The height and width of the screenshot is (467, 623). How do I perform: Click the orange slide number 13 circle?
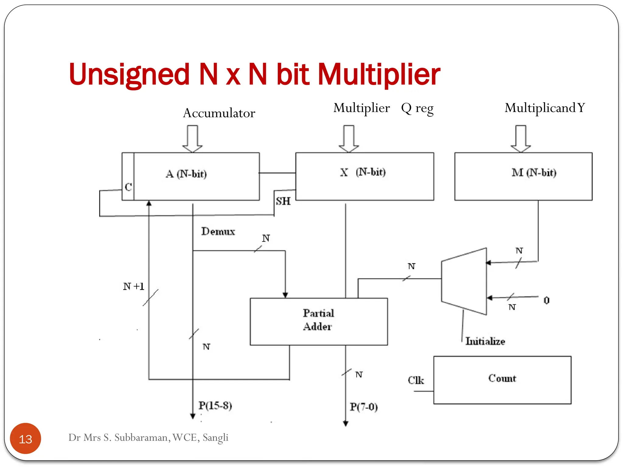[26, 438]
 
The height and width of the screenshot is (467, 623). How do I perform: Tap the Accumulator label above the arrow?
[219, 113]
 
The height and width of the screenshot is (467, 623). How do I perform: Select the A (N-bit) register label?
[186, 174]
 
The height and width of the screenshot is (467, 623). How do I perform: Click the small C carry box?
[128, 186]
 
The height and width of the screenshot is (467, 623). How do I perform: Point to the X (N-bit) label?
[363, 172]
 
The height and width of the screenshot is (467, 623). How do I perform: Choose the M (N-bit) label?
[534, 173]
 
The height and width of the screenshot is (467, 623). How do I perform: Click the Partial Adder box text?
[318, 320]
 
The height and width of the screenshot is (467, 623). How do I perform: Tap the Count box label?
[502, 378]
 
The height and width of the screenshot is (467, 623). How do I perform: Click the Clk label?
[416, 380]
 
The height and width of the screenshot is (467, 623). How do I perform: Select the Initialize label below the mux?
[485, 341]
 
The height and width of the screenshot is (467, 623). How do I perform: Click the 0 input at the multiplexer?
[547, 300]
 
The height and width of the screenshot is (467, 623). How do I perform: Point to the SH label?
[283, 201]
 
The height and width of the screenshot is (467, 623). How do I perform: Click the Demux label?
[218, 231]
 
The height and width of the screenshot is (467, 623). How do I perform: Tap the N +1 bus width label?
[134, 286]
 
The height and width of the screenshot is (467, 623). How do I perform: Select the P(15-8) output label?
[215, 405]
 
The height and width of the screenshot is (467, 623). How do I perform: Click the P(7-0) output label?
[364, 407]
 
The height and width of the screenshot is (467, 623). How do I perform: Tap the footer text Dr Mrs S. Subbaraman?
[148, 438]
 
